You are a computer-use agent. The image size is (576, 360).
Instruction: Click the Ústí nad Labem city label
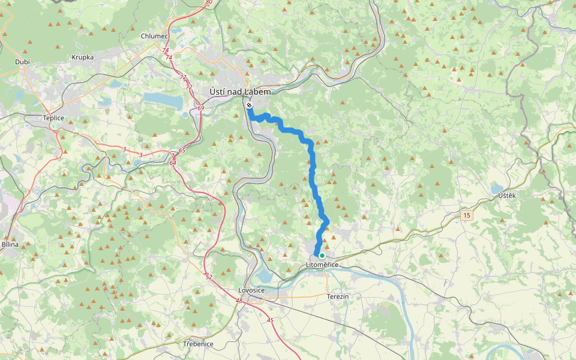pyautogui.click(x=240, y=92)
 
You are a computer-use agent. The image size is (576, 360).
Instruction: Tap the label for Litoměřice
pyautogui.click(x=322, y=265)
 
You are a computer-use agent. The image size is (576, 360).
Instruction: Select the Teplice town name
pyautogui.click(x=53, y=118)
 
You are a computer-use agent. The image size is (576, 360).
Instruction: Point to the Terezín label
pyautogui.click(x=338, y=297)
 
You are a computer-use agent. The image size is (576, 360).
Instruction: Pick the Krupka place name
pyautogui.click(x=82, y=57)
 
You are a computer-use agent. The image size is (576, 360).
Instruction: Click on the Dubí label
pyautogui.click(x=23, y=62)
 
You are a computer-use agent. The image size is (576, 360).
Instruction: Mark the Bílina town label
pyautogui.click(x=10, y=244)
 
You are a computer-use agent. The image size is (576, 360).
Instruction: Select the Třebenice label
pyautogui.click(x=198, y=344)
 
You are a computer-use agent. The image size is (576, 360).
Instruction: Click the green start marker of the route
pyautogui.click(x=322, y=256)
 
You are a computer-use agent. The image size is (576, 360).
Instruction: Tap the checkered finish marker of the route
pyautogui.click(x=249, y=105)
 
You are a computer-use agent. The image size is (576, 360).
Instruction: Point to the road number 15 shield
pyautogui.click(x=467, y=215)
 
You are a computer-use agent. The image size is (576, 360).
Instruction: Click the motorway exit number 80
pyautogui.click(x=208, y=2)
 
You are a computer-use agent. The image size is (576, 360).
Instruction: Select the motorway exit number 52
pyautogui.click(x=208, y=277)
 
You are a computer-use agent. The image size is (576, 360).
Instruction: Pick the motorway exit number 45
pyautogui.click(x=270, y=320)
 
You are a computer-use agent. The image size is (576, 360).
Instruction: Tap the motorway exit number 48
pyautogui.click(x=239, y=301)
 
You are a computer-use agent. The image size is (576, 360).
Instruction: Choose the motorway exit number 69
pyautogui.click(x=200, y=108)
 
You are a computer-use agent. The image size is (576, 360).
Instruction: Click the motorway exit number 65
pyautogui.click(x=181, y=150)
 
